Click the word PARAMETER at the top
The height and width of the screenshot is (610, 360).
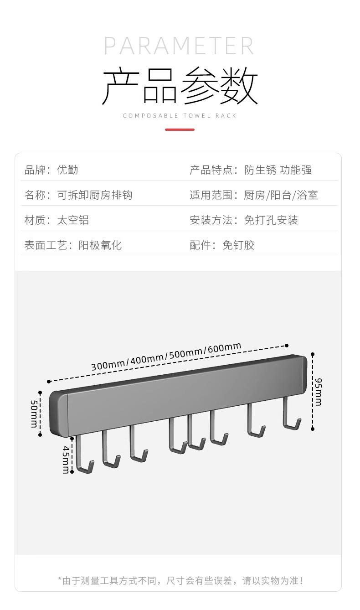point(179,46)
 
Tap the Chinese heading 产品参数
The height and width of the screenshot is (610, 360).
point(180,86)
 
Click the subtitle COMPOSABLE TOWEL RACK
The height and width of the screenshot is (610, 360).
point(180,116)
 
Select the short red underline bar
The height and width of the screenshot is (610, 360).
point(180,129)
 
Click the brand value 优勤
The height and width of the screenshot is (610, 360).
point(67,170)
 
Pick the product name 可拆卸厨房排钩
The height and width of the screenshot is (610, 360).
point(94,195)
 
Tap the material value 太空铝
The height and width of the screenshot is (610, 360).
point(73,220)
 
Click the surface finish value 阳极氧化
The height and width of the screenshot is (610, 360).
point(100,245)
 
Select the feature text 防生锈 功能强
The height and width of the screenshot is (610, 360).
point(278,170)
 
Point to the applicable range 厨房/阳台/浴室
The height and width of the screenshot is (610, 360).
point(281,195)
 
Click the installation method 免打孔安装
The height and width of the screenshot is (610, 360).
point(271,220)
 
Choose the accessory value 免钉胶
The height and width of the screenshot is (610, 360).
point(238,245)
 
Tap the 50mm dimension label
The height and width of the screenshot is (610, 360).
point(34,414)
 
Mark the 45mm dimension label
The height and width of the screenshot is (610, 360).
point(66,460)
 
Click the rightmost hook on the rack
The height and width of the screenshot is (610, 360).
point(290,415)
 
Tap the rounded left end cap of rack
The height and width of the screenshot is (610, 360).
point(58,414)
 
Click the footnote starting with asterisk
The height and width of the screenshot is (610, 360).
point(180,580)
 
